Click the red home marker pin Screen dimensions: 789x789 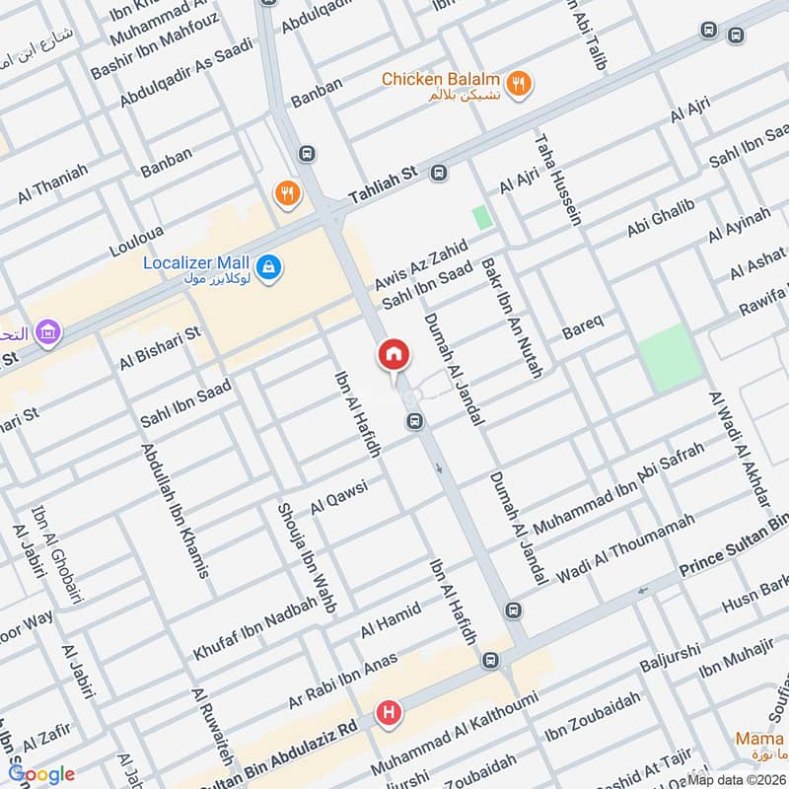coord(393,355)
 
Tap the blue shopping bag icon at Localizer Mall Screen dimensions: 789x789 coord(267,266)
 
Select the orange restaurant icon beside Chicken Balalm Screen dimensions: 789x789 coord(519,83)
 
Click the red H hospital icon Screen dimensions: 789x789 coord(391,712)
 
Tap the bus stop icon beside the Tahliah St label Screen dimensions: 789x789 coord(439,173)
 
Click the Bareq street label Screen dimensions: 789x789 coord(582,323)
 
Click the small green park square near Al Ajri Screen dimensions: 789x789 coord(482,217)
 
